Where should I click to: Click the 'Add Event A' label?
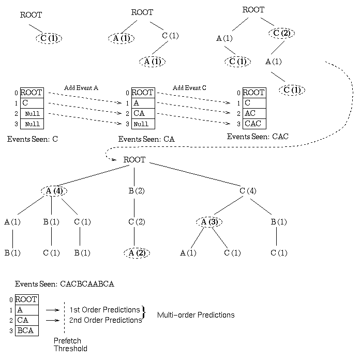[x=81, y=87]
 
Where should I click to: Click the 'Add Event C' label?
[x=189, y=87]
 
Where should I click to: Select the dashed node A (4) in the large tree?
[x=55, y=191]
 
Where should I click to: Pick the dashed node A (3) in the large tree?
[x=209, y=222]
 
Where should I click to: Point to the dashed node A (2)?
[x=137, y=253]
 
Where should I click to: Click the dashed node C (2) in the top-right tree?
[x=282, y=33]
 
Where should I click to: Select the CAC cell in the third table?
[x=253, y=124]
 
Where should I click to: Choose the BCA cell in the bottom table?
[x=26, y=330]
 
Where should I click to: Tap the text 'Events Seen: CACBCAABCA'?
[x=64, y=283]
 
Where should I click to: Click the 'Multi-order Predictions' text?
[x=196, y=314]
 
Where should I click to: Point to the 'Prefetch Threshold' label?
[x=70, y=344]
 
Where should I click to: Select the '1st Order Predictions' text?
[x=105, y=309]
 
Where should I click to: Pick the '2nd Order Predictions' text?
[x=106, y=320]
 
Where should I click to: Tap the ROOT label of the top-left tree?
[x=31, y=15]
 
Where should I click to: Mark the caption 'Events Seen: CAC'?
[x=258, y=137]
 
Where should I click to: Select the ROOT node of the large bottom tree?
[x=134, y=160]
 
